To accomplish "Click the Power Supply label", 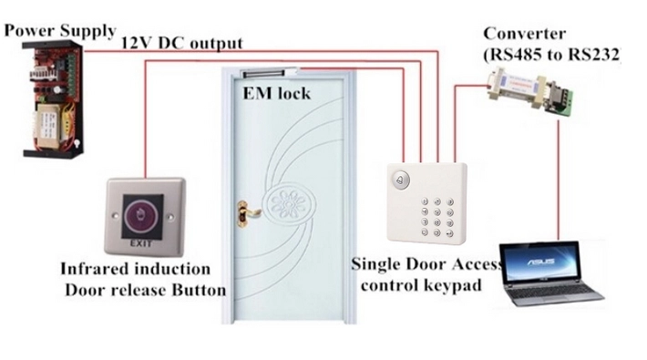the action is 60,31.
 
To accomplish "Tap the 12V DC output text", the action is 182,44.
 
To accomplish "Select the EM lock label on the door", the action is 276,93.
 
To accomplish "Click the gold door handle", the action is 248,212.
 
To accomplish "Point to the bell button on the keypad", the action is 400,180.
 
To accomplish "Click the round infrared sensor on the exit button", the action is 141,215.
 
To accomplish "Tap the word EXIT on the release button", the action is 141,243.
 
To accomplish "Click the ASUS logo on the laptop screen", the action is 540,262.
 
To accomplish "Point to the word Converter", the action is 525,34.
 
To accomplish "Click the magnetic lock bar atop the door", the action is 264,74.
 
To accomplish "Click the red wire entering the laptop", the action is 559,180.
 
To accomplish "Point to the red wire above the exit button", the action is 145,119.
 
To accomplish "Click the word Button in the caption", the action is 199,290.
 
